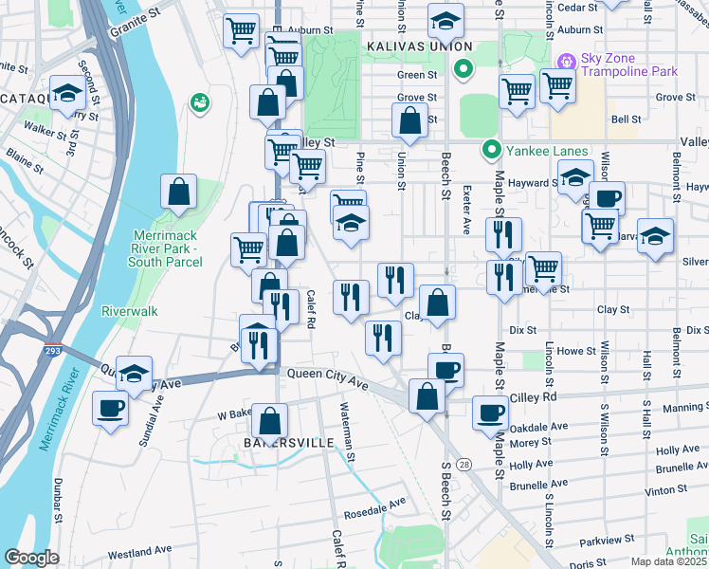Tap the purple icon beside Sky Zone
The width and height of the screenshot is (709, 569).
click(x=567, y=61)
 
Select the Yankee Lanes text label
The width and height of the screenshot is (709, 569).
click(x=547, y=151)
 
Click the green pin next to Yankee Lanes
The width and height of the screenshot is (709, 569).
click(x=492, y=150)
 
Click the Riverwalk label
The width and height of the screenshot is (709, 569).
click(x=130, y=310)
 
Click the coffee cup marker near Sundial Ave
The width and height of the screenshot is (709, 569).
click(x=111, y=409)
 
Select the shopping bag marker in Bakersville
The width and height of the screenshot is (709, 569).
click(x=271, y=420)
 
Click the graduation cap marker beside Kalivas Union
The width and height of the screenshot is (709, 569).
click(x=445, y=21)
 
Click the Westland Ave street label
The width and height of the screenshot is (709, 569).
click(x=139, y=550)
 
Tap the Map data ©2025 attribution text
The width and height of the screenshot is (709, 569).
click(x=669, y=561)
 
